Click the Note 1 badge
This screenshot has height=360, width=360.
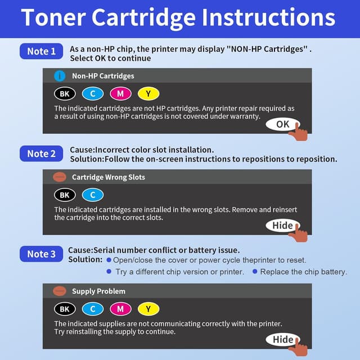tap(41, 51)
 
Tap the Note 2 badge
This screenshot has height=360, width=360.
tap(41, 154)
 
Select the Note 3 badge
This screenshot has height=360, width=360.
tap(41, 254)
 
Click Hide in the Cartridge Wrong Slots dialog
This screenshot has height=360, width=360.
tap(282, 226)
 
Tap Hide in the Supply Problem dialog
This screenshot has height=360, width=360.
tap(282, 339)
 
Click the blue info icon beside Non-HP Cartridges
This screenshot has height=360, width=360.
tap(60, 76)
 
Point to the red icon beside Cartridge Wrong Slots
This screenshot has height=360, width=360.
tap(60, 177)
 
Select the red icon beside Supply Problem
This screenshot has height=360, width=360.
tap(60, 291)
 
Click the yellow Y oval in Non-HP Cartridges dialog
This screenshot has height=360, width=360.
tap(148, 94)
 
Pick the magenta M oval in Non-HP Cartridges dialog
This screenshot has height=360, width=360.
tap(120, 94)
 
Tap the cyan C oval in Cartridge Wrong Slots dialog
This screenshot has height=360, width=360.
tap(93, 195)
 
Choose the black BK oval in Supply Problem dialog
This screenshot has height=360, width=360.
tap(65, 309)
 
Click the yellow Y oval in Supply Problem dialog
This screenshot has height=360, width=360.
tap(148, 309)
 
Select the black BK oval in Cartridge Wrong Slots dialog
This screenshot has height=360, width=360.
tap(65, 195)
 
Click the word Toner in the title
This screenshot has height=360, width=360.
tap(53, 17)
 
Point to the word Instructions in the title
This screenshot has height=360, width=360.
tap(269, 17)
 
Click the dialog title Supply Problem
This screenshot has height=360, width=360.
tap(99, 291)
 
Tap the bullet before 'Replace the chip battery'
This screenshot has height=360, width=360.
tap(255, 272)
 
